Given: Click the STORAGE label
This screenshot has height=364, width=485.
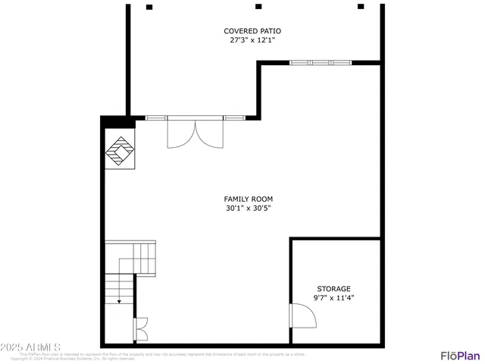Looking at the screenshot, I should [x=333, y=289].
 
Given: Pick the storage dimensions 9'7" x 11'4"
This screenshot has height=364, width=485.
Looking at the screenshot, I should [x=333, y=298].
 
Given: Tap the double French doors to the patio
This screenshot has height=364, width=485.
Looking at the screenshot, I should [x=196, y=132].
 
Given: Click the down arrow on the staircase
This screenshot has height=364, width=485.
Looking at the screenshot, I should [x=119, y=300].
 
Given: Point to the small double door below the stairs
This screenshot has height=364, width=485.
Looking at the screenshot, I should [x=141, y=329].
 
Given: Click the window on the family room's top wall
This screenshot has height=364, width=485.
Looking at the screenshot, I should [x=321, y=63].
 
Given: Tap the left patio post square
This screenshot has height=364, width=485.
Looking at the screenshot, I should [x=149, y=7].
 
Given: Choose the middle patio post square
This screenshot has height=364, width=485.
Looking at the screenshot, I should [x=258, y=6].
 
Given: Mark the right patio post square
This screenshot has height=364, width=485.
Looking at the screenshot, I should [x=361, y=6].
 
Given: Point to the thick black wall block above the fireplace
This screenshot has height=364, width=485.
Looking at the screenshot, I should [x=118, y=121].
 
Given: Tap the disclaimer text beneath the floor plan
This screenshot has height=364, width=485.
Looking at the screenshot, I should [x=163, y=356].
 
